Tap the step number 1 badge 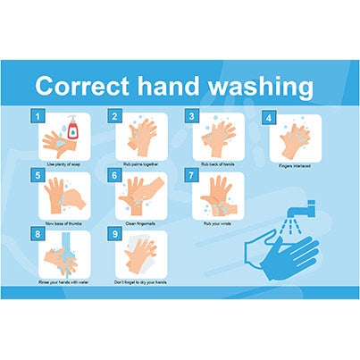click(x=37, y=116)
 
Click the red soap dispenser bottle click(x=72, y=131)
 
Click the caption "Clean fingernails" click(x=140, y=224)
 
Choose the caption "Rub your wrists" click(x=217, y=224)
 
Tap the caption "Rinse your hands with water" click(x=63, y=282)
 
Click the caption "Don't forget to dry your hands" click(x=140, y=282)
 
